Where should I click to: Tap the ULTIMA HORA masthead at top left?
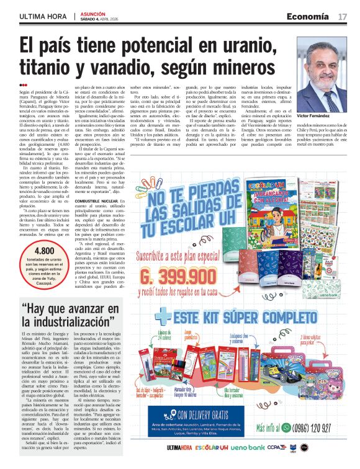pyautogui.click(x=42, y=16)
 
